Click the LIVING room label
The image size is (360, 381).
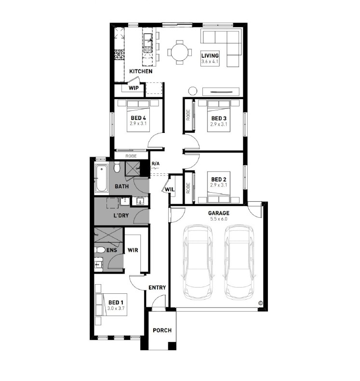coord(210,56)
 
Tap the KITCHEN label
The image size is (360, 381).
coord(141,71)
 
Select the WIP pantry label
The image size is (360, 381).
coord(133,88)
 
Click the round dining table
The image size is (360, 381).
coord(179,52)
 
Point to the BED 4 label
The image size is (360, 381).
coord(138,118)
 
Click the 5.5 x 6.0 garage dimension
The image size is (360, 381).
coord(218,219)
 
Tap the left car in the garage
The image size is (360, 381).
coord(198,262)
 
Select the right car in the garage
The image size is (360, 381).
coord(239,262)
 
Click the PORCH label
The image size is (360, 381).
coord(162,330)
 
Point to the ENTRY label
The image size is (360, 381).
coord(157,288)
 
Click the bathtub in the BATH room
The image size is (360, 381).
coord(102,178)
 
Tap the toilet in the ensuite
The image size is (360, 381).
coord(99,250)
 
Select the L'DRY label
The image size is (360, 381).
coord(121,215)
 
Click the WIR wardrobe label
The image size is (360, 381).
coord(133,250)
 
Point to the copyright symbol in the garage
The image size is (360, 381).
coord(260,303)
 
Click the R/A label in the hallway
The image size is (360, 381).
coord(156,164)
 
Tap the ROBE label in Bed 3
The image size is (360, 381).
coord(188,115)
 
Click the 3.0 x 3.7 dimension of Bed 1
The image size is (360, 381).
coord(116,308)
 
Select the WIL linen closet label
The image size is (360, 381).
coord(170,189)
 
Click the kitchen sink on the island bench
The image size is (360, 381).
coord(148,43)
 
